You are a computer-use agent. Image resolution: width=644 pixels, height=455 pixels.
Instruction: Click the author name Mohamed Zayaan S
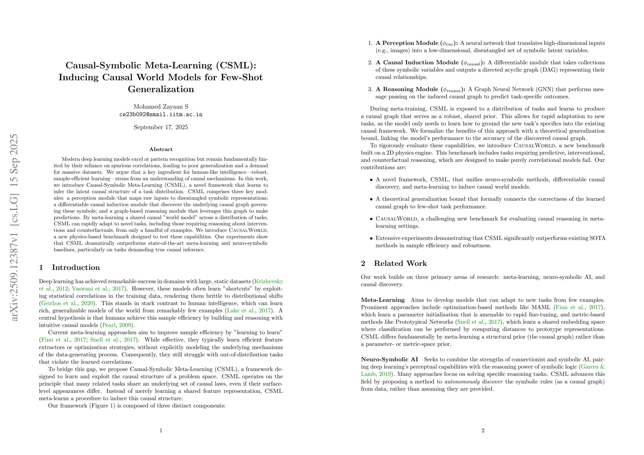click(161, 106)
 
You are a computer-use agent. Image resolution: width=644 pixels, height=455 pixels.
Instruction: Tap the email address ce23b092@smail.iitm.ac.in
click(161, 114)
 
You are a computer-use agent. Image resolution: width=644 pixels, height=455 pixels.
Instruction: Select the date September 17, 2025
click(161, 127)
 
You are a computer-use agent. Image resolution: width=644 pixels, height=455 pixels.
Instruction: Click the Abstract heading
click(161, 149)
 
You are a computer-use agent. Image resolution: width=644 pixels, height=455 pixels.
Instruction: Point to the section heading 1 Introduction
click(69, 267)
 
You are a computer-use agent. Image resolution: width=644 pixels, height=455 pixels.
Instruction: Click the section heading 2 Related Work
click(394, 263)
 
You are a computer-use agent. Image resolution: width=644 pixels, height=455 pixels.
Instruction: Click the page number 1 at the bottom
click(161, 430)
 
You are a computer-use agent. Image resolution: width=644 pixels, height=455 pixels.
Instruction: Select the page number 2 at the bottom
click(483, 430)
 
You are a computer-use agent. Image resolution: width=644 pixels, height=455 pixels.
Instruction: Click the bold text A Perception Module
click(407, 43)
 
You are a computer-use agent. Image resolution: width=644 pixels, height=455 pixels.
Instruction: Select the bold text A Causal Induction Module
click(417, 62)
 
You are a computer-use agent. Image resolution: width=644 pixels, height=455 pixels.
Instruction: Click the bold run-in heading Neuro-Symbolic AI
click(389, 359)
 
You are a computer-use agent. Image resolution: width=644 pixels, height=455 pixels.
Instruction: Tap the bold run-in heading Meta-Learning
click(383, 300)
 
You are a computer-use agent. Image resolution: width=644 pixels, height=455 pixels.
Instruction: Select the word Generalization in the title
click(161, 89)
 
